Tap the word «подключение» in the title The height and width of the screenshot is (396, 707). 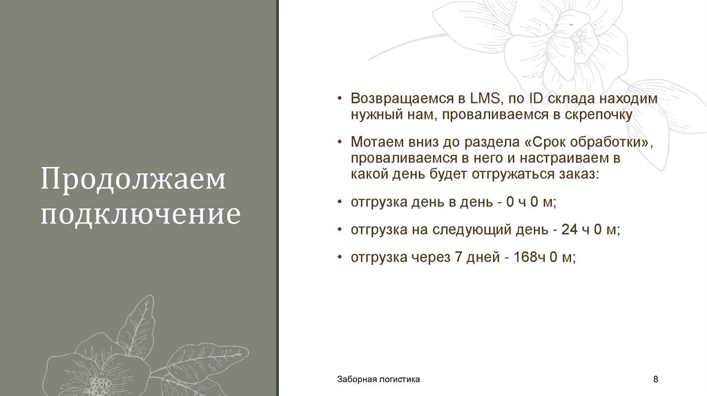(x=141, y=214)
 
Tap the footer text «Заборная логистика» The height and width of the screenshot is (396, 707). (x=378, y=379)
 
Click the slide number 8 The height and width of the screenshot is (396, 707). (x=655, y=379)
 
